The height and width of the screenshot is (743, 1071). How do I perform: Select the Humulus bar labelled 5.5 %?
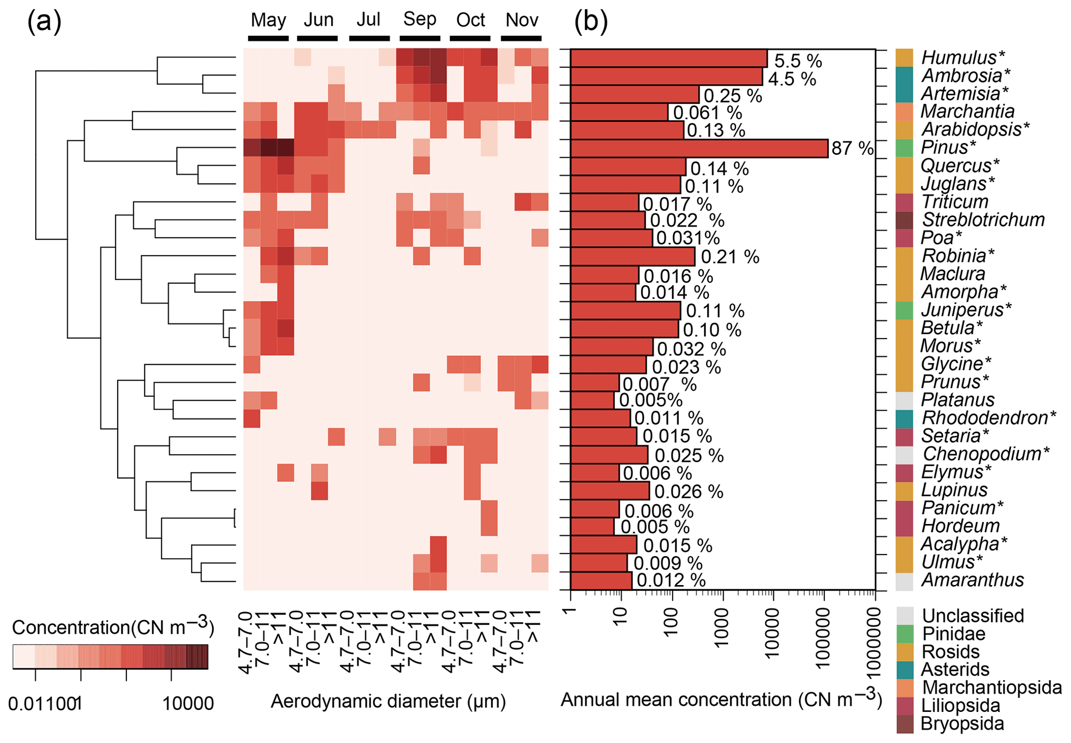(x=668, y=59)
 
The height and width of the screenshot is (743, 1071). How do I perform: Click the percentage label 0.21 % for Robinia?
(x=730, y=257)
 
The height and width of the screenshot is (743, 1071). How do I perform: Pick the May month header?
(x=268, y=21)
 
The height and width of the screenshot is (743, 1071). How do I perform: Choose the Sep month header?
(x=420, y=20)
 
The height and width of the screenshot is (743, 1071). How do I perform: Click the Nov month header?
(x=522, y=21)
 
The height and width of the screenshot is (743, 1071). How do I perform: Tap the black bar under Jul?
(x=369, y=38)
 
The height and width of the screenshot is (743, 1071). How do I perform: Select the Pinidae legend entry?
(x=953, y=634)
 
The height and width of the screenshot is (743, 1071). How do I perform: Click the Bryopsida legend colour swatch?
(x=905, y=724)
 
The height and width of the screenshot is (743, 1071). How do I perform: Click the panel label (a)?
(x=44, y=22)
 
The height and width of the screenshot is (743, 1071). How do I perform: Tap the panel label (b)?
(x=591, y=22)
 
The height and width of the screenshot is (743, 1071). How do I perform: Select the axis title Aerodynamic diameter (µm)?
(x=388, y=702)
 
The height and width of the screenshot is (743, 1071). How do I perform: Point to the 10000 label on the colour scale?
(x=188, y=704)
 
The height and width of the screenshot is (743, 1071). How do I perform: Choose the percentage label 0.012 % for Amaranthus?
(x=671, y=580)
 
